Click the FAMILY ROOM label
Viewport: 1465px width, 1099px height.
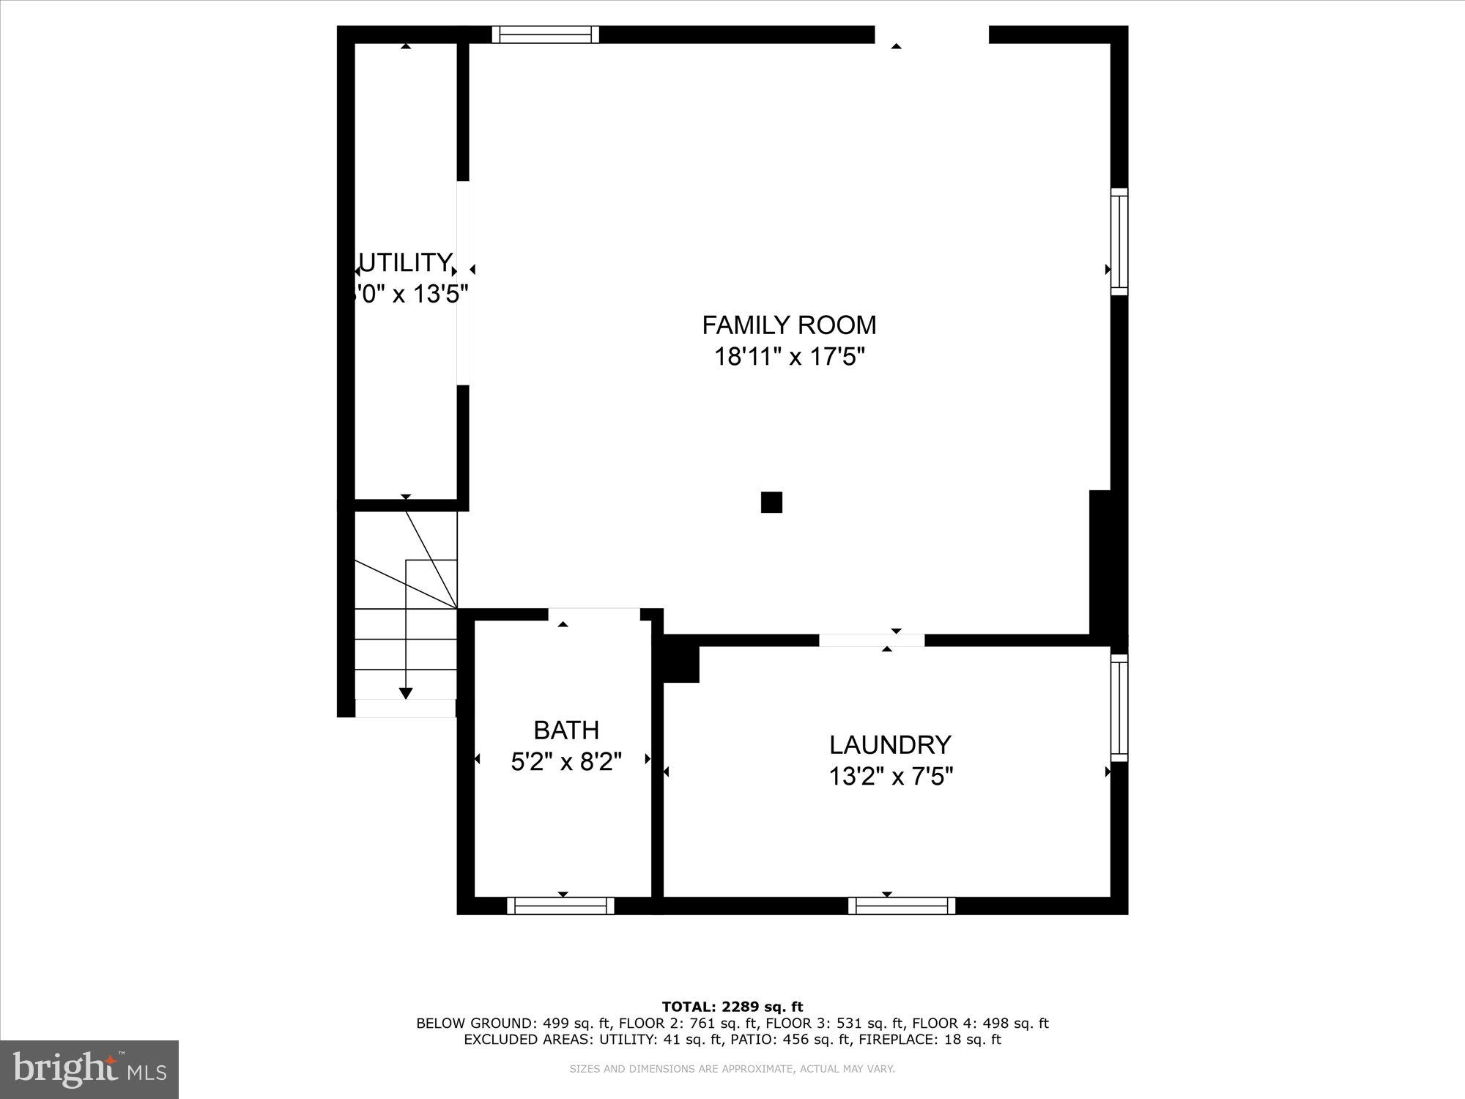click(789, 325)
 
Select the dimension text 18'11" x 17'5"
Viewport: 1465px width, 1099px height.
click(790, 357)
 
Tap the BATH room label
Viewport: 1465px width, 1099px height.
click(566, 730)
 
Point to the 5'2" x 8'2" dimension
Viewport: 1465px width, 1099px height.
click(566, 762)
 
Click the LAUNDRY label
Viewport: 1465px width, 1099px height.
click(890, 744)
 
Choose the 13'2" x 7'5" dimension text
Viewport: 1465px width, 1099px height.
click(891, 776)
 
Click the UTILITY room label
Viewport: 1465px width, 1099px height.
click(404, 262)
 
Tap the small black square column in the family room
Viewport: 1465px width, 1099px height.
click(771, 502)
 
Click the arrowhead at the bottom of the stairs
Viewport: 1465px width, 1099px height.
click(406, 693)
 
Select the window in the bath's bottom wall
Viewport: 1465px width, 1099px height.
click(560, 906)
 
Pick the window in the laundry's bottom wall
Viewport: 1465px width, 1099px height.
click(902, 906)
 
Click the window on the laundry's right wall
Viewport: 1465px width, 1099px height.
click(1119, 708)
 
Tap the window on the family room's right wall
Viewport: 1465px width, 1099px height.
click(1119, 242)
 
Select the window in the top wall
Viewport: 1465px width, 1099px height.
click(545, 34)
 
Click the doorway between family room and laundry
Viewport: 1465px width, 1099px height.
click(872, 640)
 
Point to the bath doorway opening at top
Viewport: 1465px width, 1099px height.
click(594, 614)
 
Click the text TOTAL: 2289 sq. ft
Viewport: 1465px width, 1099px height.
click(732, 1007)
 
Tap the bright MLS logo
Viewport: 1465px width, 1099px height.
click(89, 1070)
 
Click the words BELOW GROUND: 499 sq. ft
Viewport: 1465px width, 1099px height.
click(513, 1023)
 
